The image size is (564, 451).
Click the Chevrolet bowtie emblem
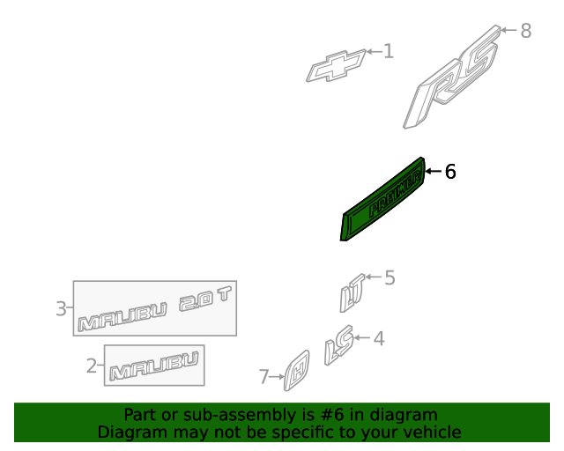(336, 66)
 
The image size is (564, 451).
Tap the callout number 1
(389, 51)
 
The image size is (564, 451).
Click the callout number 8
(526, 31)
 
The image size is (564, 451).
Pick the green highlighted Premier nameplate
(382, 199)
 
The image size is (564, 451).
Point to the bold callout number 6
(450, 172)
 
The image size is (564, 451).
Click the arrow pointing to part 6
(434, 171)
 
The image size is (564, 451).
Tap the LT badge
(352, 292)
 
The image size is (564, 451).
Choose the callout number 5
(390, 277)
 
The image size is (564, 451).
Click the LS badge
(338, 345)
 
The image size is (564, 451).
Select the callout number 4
(379, 338)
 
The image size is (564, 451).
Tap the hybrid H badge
(297, 371)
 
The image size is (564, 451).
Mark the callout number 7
(263, 377)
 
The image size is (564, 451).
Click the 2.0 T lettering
(205, 299)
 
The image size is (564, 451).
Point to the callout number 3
(61, 308)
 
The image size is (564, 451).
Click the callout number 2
(92, 366)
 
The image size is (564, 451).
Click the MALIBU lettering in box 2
(154, 366)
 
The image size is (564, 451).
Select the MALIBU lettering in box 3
(122, 317)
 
